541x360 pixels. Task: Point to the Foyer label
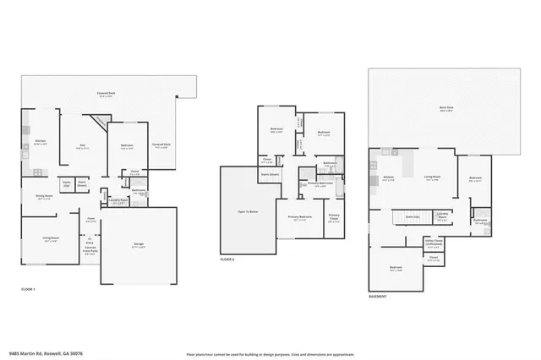89,218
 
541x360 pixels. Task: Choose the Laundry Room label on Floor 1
119,201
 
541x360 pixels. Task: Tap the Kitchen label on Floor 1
39,142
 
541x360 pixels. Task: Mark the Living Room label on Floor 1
50,239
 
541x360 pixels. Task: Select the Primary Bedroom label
298,217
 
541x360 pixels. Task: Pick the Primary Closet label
334,216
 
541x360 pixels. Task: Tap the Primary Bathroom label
319,183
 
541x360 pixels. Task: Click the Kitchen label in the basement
389,177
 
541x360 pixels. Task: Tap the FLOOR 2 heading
227,259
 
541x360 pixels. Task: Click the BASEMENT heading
378,297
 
